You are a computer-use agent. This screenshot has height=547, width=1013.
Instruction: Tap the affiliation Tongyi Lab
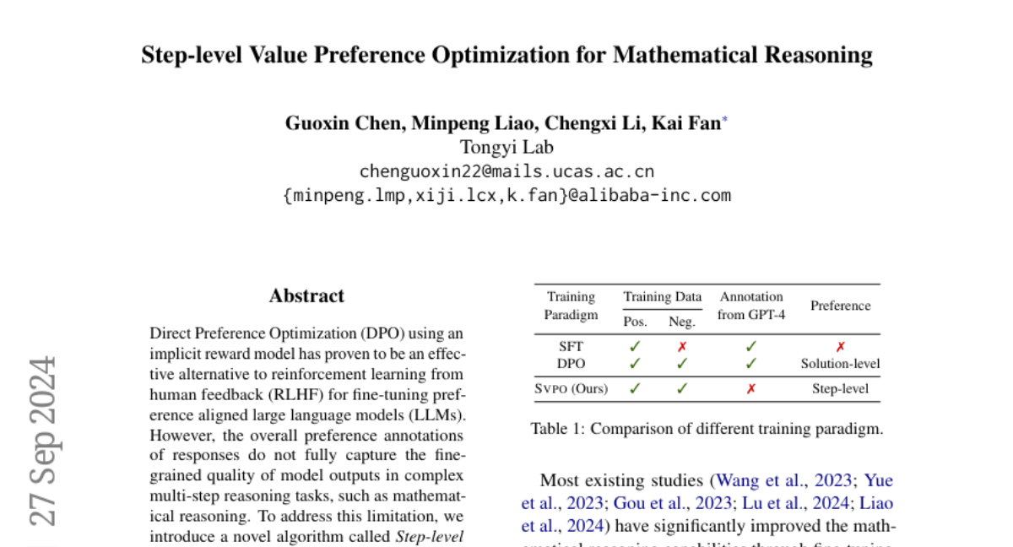point(506,147)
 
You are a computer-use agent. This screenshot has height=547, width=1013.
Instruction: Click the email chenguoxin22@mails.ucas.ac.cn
point(506,171)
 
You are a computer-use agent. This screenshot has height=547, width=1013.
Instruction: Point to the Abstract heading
point(306,296)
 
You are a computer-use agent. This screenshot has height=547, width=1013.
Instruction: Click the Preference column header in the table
point(840,306)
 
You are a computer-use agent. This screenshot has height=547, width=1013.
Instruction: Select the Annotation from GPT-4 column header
point(750,306)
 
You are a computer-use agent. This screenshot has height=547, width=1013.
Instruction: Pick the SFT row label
point(571,346)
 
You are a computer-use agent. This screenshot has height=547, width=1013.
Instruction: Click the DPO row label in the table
point(571,364)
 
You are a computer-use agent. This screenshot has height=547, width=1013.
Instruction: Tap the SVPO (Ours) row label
point(571,389)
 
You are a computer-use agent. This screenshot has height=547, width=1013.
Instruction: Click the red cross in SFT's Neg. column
point(682,346)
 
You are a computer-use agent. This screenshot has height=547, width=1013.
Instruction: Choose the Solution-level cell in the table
point(840,364)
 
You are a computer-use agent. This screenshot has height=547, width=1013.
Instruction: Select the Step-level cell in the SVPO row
point(840,389)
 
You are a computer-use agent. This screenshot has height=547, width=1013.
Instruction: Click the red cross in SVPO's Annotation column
point(750,389)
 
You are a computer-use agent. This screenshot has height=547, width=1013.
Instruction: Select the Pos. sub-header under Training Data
point(635,322)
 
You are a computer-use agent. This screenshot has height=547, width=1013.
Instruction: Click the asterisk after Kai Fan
point(725,120)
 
